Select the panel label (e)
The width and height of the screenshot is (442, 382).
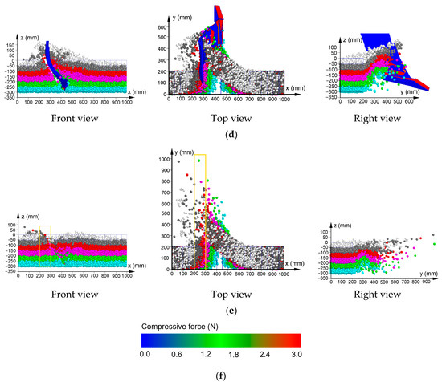click(221, 308)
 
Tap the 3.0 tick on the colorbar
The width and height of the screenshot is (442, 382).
click(295, 353)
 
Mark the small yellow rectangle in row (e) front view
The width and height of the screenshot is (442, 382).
click(45, 234)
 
